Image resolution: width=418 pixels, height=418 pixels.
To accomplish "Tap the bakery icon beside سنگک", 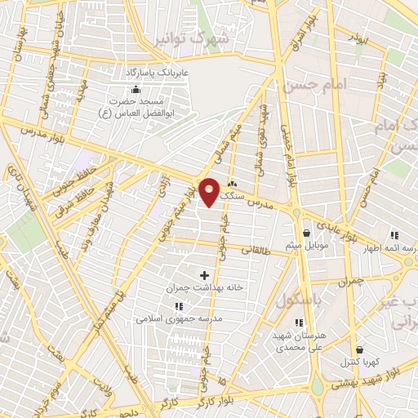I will point(233,184).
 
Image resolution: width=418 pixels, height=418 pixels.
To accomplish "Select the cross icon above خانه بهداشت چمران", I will point(204,276).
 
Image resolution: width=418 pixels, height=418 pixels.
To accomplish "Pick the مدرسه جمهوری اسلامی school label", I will point(177,319).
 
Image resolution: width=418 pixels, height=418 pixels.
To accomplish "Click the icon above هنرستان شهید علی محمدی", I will point(298,322).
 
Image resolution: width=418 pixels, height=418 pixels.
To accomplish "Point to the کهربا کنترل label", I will point(360,362).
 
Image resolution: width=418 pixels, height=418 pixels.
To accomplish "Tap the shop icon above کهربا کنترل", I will point(360,349).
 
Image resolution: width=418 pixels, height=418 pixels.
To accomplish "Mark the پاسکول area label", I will point(296,300).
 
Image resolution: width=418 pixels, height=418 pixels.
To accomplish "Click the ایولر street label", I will point(356,38).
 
